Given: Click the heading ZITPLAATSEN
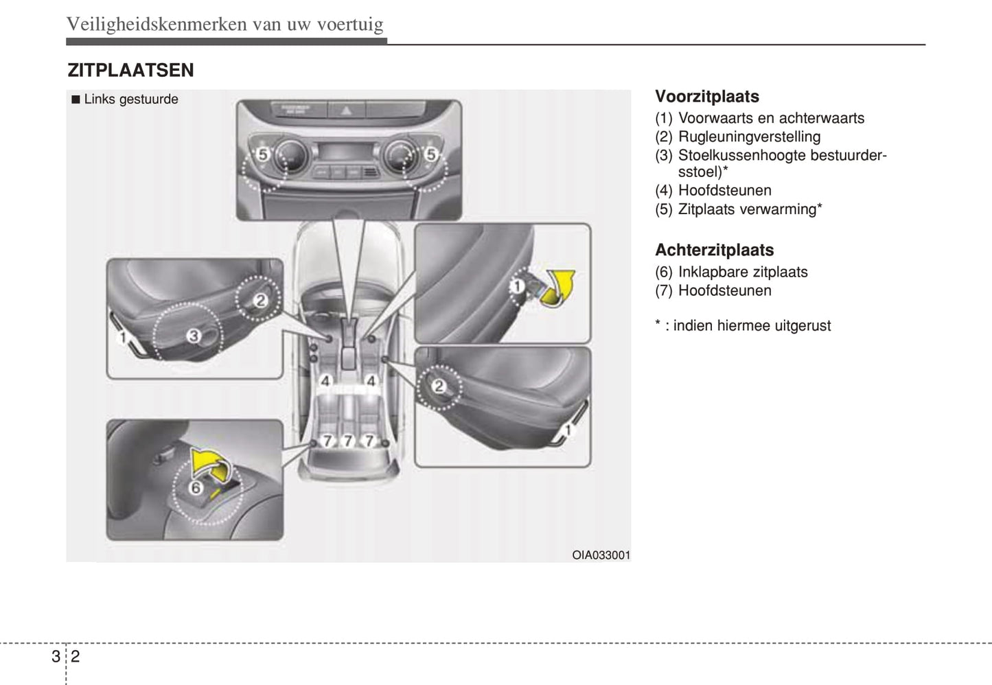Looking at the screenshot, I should point(130,70).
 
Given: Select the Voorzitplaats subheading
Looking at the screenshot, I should point(706,97).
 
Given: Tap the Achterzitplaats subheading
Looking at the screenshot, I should point(714,250).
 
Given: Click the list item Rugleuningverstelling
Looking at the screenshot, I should point(749,137).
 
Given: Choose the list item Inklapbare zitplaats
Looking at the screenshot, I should point(743,272).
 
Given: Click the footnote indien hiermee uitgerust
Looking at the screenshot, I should point(752,325).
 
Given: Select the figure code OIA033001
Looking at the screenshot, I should point(601,555).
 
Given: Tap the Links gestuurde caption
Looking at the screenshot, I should point(130,100).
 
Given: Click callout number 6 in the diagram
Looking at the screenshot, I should point(196,488).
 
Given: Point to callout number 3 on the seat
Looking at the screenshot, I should point(194,336).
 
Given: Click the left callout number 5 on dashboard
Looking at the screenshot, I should point(262,154).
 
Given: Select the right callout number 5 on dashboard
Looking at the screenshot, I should point(430,154).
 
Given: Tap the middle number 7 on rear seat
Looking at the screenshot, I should point(348,440).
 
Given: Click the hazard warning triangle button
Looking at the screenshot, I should point(346,109).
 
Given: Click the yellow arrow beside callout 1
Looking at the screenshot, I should point(558,286).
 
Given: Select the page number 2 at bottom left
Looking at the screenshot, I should point(75,656).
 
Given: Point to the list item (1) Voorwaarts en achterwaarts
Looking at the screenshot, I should point(759,118).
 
